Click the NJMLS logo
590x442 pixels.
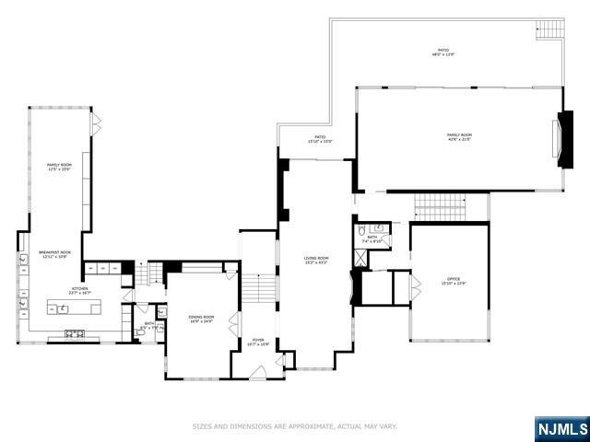(561, 429)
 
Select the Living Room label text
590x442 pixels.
(316, 261)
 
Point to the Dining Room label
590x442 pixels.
(201, 320)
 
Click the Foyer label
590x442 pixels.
(258, 343)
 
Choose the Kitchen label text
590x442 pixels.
(79, 291)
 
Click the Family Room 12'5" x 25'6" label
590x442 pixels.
(59, 167)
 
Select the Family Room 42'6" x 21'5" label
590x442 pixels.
(459, 137)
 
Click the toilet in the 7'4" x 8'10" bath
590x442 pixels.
(362, 230)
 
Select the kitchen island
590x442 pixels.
(72, 308)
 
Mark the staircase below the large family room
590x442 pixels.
(438, 207)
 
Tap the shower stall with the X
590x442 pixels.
(361, 257)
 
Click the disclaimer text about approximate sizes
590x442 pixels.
(295, 426)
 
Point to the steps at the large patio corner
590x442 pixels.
(549, 29)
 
